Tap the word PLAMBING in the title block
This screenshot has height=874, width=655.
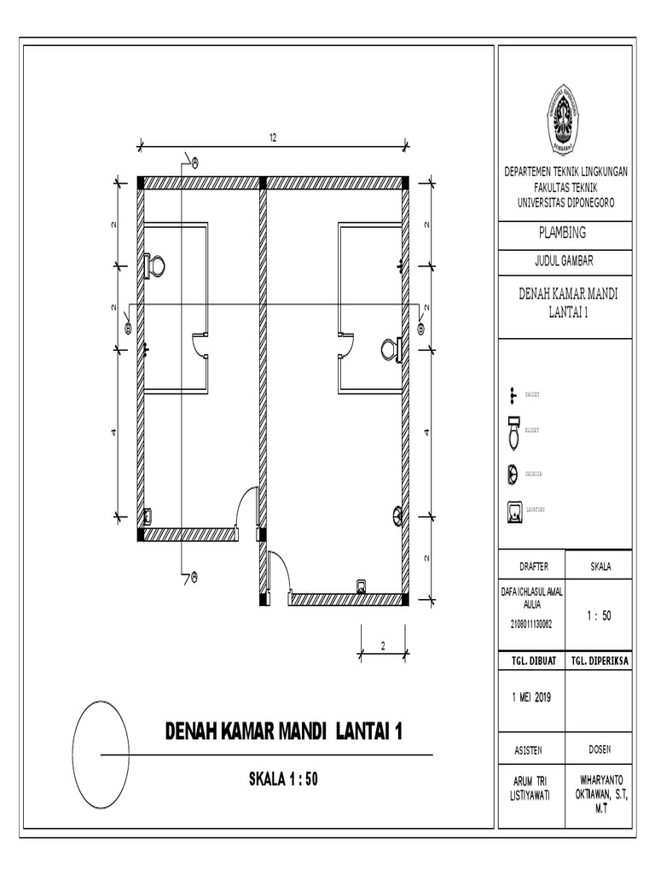(x=564, y=231)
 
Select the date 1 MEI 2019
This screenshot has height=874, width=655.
(x=530, y=696)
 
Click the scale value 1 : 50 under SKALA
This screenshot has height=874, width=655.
(x=600, y=617)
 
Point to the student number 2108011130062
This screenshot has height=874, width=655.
(x=530, y=625)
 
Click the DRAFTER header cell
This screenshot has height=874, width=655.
(x=530, y=567)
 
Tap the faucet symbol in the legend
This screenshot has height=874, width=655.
(x=513, y=394)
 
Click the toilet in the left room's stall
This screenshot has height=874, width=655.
(x=154, y=265)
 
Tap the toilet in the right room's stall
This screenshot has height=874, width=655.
(x=391, y=349)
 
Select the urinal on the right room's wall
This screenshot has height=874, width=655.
(x=397, y=515)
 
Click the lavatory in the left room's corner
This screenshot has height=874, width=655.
(x=148, y=516)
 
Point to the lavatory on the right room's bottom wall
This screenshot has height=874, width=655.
(x=362, y=586)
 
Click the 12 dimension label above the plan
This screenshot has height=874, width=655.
(x=274, y=138)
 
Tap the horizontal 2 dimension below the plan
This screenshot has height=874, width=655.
(x=383, y=645)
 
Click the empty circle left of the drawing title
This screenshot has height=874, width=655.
(x=101, y=741)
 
